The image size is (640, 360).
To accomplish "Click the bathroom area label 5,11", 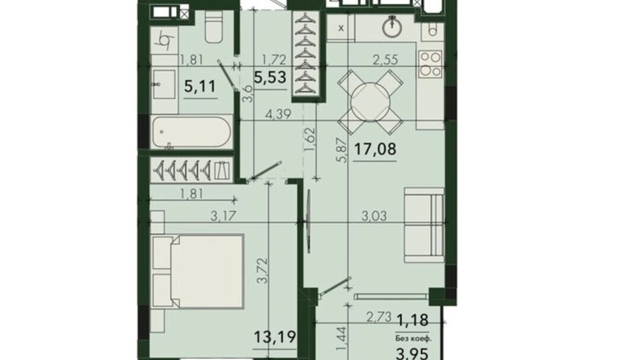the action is [200, 86].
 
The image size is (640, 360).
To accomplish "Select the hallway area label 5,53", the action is [270, 77].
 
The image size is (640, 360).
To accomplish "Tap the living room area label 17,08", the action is [375, 149].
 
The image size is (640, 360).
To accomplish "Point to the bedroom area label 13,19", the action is [275, 336].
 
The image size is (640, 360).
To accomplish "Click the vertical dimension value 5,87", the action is [342, 150].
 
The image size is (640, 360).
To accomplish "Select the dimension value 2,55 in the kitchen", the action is [385, 59].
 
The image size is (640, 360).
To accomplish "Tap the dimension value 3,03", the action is [374, 216].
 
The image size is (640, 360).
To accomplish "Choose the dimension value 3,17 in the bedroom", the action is [223, 216].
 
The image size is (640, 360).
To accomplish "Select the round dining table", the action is [370, 102].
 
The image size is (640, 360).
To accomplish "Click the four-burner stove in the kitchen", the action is [430, 64].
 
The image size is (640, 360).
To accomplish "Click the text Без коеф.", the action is [413, 339].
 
